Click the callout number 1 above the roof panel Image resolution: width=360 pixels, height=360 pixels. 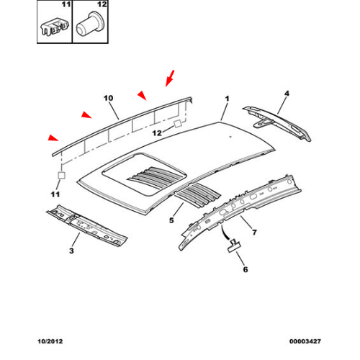[x=227, y=99]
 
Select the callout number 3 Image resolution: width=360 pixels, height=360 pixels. [x=71, y=251]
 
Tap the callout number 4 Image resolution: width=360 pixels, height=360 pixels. [x=287, y=94]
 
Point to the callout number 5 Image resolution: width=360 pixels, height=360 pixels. [x=171, y=220]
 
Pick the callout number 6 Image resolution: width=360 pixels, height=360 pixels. [x=246, y=269]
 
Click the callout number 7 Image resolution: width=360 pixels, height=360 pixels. [x=254, y=232]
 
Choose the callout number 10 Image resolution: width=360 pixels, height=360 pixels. [x=108, y=98]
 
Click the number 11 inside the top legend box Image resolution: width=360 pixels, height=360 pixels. [x=66, y=4]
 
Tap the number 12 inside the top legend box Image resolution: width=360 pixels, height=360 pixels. [x=102, y=4]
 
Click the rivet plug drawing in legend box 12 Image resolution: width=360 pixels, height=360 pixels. [x=90, y=24]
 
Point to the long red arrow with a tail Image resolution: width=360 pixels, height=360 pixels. [x=170, y=78]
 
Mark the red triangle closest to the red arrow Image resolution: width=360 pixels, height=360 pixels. [x=142, y=95]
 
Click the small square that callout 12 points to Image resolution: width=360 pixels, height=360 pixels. [x=178, y=124]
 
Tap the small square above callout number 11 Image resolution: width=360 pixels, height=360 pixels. [x=61, y=175]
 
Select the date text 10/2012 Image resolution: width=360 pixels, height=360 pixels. [x=50, y=341]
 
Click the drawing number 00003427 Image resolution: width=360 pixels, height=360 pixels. [x=305, y=341]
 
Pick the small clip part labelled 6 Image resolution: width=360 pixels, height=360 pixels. [x=234, y=246]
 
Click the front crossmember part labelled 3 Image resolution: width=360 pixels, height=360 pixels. [x=87, y=225]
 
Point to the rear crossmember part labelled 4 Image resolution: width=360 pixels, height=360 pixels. [x=277, y=123]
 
